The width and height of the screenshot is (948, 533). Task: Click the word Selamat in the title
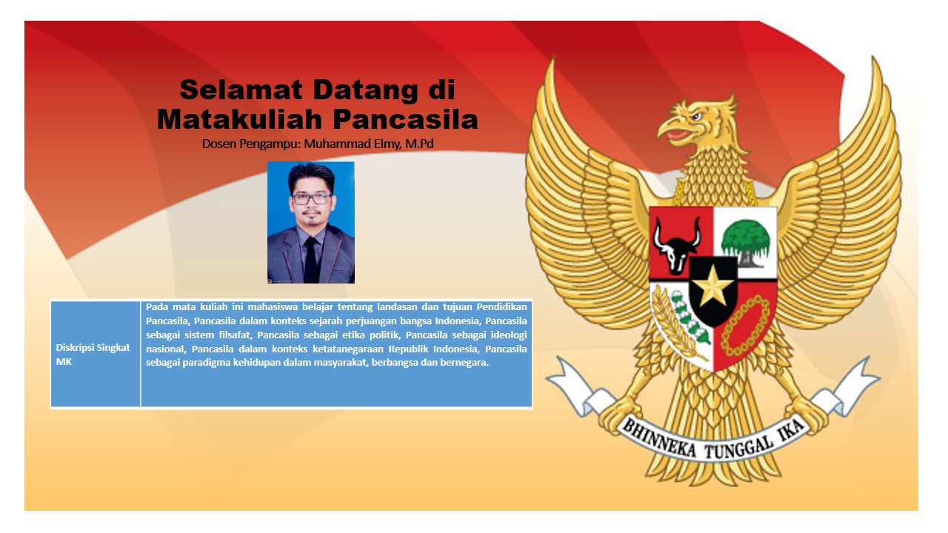pyautogui.click(x=241, y=90)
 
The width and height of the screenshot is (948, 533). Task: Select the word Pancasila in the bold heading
pyautogui.click(x=405, y=119)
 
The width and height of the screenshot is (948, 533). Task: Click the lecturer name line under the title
pyautogui.click(x=318, y=144)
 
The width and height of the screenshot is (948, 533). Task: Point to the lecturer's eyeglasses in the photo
pyautogui.click(x=312, y=199)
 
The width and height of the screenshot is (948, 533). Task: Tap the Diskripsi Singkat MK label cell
pyautogui.click(x=96, y=354)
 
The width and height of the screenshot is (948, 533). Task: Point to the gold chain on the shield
pyautogui.click(x=745, y=326)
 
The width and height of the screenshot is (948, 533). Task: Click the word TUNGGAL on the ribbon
pyautogui.click(x=740, y=447)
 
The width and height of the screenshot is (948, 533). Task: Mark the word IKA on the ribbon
pyautogui.click(x=791, y=430)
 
